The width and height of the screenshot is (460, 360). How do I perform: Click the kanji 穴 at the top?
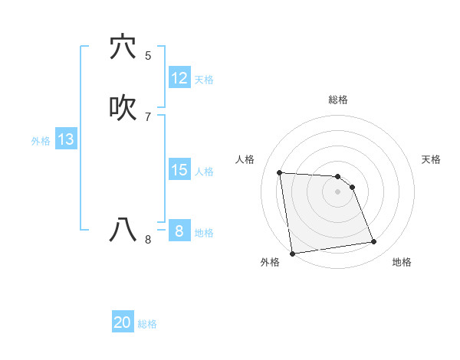pos(123,47)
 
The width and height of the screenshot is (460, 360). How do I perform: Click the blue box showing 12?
pos(179,78)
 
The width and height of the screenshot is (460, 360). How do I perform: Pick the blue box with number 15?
pos(179,170)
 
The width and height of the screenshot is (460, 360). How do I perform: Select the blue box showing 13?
pos(65,139)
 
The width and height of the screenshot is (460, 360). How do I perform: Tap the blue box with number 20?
pos(123,322)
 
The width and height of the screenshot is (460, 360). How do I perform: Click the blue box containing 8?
pos(179,231)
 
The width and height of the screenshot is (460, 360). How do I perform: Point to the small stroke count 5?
pos(148,56)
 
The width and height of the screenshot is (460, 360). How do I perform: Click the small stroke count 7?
pos(148,117)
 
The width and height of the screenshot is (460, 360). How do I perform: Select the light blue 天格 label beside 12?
pos(204,80)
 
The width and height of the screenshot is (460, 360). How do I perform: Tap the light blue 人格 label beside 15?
pos(204,172)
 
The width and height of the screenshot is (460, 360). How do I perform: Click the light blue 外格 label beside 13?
pos(41,141)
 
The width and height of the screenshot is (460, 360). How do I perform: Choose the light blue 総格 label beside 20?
pos(147,324)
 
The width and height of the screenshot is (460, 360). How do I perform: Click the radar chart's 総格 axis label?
pos(338,100)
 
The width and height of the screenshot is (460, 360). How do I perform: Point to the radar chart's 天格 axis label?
pos(431,159)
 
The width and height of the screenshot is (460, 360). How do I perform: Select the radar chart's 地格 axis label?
pos(402,263)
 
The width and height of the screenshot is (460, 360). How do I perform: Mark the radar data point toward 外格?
pos(292,253)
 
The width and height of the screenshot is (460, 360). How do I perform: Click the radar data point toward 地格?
pos(374,242)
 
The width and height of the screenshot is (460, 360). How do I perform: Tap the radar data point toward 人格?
pos(280,172)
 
